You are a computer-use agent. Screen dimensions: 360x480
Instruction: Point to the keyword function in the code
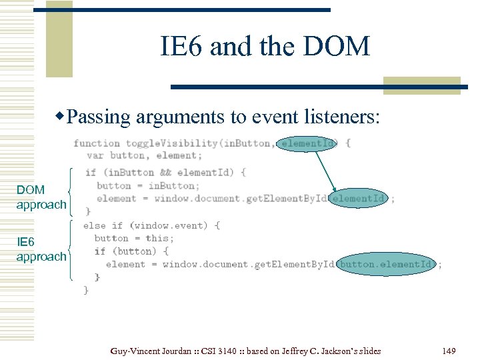(x=97, y=143)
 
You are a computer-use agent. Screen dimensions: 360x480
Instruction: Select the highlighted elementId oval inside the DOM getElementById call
(x=358, y=198)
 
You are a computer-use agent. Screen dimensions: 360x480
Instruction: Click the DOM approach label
(x=41, y=197)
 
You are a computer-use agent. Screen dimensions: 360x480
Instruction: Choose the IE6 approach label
(x=41, y=249)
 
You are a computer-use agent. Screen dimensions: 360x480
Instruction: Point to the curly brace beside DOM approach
(x=71, y=188)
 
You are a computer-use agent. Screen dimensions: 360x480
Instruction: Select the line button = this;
(x=134, y=238)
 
